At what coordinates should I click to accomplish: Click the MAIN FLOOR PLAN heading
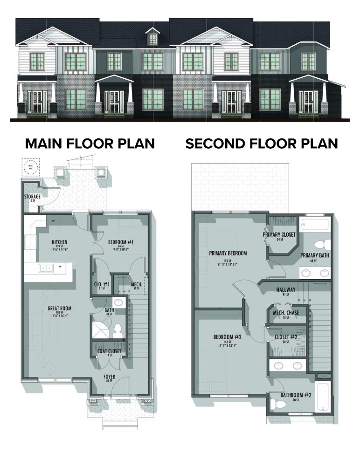click(x=90, y=143)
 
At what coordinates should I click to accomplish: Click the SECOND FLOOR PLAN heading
click(x=261, y=143)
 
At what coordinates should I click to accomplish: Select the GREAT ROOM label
click(x=59, y=308)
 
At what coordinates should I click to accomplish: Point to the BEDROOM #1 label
click(x=121, y=242)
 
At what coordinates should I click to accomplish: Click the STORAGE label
click(x=33, y=197)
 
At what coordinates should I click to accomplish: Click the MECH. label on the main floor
click(x=137, y=284)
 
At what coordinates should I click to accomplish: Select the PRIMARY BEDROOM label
click(x=228, y=253)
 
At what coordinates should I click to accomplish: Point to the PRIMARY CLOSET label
click(x=279, y=234)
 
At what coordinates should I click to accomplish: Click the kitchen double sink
click(x=46, y=268)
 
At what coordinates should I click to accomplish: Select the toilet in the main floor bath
click(x=118, y=330)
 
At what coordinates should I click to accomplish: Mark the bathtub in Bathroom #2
click(x=323, y=396)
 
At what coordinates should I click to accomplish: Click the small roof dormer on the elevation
click(x=152, y=36)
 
